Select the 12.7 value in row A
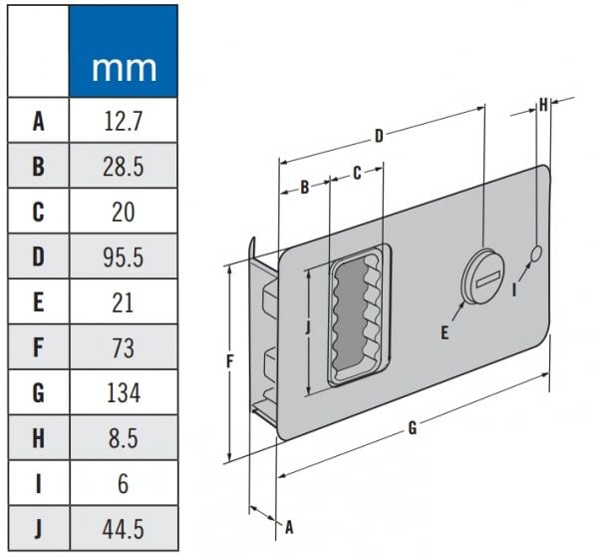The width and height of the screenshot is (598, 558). pos(123,122)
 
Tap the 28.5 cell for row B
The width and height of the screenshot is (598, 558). pos(123,167)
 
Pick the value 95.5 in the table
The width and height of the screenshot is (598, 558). pos(123,257)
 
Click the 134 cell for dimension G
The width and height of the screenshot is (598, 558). pos(123,391)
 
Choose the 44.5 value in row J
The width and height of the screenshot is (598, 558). pos(123,526)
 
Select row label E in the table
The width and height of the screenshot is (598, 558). pos(38,301)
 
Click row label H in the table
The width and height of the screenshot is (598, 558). pos(38,436)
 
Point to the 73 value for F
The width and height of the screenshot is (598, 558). pos(123,346)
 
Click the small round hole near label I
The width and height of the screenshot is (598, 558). pos(536,256)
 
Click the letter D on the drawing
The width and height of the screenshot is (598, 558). pos(379,134)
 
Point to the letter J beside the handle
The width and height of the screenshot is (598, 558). pos(309,325)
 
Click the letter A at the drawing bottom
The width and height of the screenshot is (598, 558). pos(290,525)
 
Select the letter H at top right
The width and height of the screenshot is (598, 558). pos(543,103)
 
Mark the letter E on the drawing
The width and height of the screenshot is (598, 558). pos(445,332)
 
